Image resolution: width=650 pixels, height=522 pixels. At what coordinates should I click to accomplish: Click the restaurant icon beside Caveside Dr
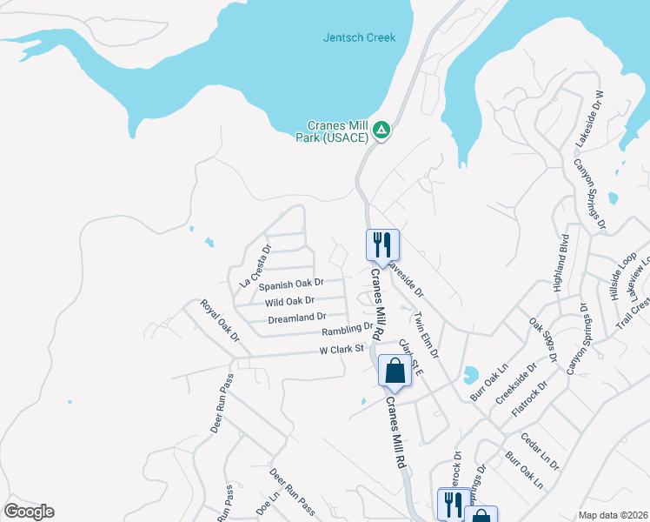tap(381, 244)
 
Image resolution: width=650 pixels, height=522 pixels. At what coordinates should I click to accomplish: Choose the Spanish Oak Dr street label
tap(290, 284)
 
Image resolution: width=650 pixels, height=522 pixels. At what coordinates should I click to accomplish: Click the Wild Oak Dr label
tap(289, 301)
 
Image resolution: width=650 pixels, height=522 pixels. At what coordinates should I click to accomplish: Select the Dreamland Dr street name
tap(296, 318)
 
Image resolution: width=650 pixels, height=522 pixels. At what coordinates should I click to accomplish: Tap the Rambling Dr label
tap(347, 331)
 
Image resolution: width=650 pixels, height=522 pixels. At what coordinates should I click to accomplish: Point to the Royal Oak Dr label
tap(219, 320)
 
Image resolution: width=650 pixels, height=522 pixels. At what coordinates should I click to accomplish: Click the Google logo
tap(29, 512)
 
